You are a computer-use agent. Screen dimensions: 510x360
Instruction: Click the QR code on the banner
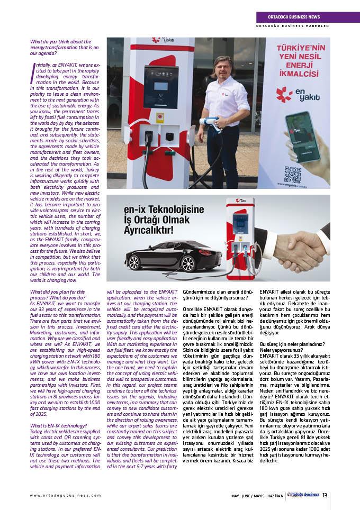tap(292, 175)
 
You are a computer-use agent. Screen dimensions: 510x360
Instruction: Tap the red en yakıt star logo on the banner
tap(286, 94)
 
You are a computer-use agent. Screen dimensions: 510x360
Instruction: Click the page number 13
tap(325, 495)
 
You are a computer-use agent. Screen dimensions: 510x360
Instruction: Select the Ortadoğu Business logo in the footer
tap(302, 495)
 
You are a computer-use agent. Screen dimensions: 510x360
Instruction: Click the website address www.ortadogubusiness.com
tap(65, 495)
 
